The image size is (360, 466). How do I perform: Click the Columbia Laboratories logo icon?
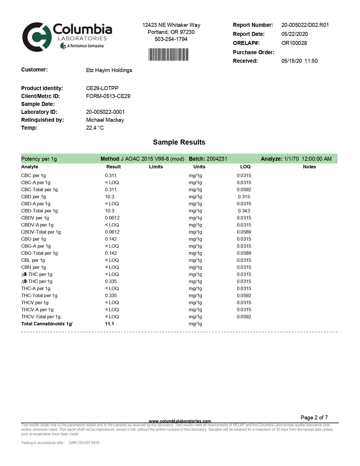coord(37,37)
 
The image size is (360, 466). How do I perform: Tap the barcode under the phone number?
coord(168,55)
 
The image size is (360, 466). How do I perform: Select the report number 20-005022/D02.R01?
coord(305,25)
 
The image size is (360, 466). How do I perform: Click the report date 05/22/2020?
coord(294,34)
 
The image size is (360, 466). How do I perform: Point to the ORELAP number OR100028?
coord(294,43)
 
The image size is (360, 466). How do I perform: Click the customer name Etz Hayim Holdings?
coord(109,70)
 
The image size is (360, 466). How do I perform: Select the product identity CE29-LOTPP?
coord(102,88)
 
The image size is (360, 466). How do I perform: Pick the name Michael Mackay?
coord(105,120)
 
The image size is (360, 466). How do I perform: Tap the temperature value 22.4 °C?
coord(95,128)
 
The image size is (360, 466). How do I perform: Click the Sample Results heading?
coord(179,142)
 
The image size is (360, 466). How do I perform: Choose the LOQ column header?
coord(245,167)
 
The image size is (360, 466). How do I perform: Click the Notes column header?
coord(309,167)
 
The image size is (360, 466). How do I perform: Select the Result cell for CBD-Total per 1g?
coord(110,211)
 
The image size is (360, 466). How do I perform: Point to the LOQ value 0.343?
coord(244,211)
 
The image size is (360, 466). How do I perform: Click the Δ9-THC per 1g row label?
coord(37,281)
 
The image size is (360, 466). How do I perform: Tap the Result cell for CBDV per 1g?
coord(112,218)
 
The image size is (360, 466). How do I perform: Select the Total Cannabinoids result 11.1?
coord(110,324)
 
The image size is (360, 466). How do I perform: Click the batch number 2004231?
coord(217,159)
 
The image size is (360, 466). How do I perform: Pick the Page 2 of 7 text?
coord(314,417)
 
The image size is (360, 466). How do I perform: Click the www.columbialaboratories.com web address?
coord(180,421)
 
